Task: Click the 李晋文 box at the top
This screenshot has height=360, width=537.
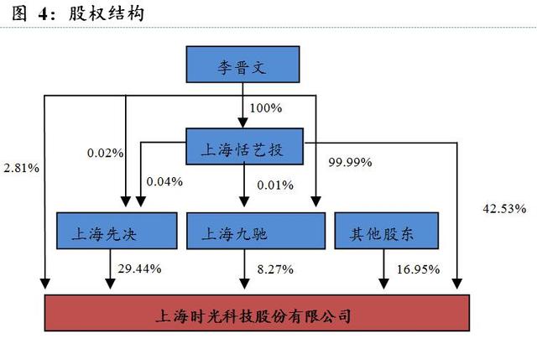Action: point(242,65)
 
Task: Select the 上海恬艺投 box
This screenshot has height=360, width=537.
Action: point(244,147)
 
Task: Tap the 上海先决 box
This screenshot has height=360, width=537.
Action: point(117,231)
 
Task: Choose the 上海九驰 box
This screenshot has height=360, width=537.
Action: point(256,231)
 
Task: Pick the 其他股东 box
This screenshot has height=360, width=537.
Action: point(386,231)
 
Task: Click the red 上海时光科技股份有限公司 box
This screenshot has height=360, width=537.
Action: point(257,313)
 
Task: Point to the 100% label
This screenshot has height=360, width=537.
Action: point(265,108)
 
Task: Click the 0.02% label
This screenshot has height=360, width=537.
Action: point(105,153)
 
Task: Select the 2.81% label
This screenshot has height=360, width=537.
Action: point(21,168)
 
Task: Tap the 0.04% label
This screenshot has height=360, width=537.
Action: point(164,181)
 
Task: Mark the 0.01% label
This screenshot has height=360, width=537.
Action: point(275,185)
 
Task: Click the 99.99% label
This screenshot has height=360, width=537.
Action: point(350,162)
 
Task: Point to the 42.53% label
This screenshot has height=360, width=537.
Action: point(504,209)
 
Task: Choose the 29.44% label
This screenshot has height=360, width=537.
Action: point(139,269)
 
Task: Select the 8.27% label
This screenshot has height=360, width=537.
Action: point(275,269)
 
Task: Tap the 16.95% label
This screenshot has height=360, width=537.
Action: point(418,269)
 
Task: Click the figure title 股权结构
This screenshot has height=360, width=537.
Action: point(107,13)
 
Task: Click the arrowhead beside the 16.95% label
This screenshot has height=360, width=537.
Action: point(383,284)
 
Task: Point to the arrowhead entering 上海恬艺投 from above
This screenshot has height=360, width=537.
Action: point(242,123)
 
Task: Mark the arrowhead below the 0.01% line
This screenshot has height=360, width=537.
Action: point(244,201)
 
